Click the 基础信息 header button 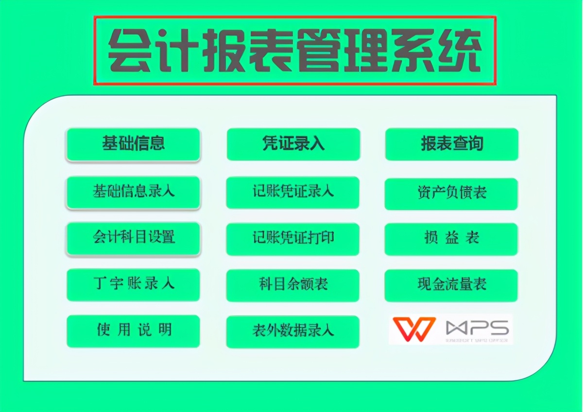point(133,144)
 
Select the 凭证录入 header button point(293,144)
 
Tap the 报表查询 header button point(452,144)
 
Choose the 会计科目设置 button point(133,238)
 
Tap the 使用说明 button point(133,331)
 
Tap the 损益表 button point(451,239)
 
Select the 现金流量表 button point(451,285)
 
